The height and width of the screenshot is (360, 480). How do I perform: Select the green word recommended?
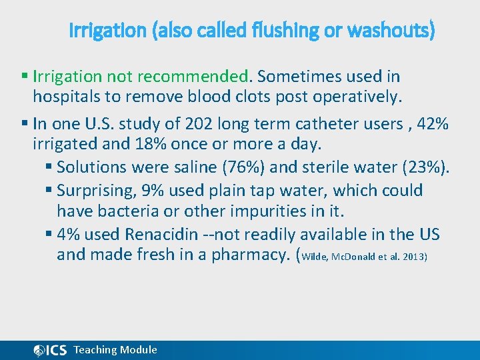[x=208, y=77]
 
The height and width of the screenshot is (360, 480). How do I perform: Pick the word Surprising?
[x=96, y=190]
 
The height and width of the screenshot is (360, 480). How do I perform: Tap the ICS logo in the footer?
[x=50, y=350]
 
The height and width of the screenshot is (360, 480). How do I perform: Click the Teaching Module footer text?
[x=115, y=349]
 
